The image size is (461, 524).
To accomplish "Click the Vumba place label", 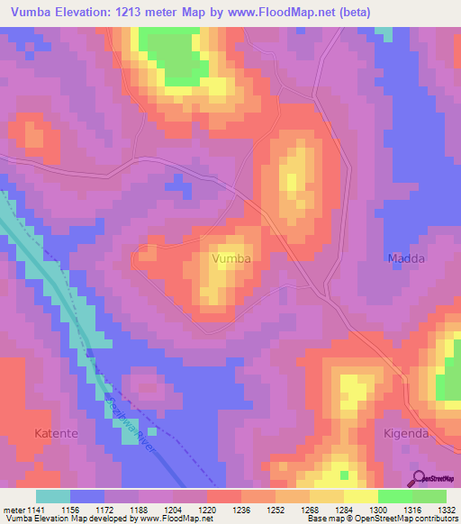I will [x=230, y=258].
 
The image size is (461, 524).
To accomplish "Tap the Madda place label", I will [x=405, y=258].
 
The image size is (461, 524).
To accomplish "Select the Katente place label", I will [x=55, y=433].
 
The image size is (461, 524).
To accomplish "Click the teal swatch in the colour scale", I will [x=53, y=496].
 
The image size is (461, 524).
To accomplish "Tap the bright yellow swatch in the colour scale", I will [x=360, y=496].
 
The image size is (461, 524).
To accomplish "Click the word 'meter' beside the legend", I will [x=12, y=509].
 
